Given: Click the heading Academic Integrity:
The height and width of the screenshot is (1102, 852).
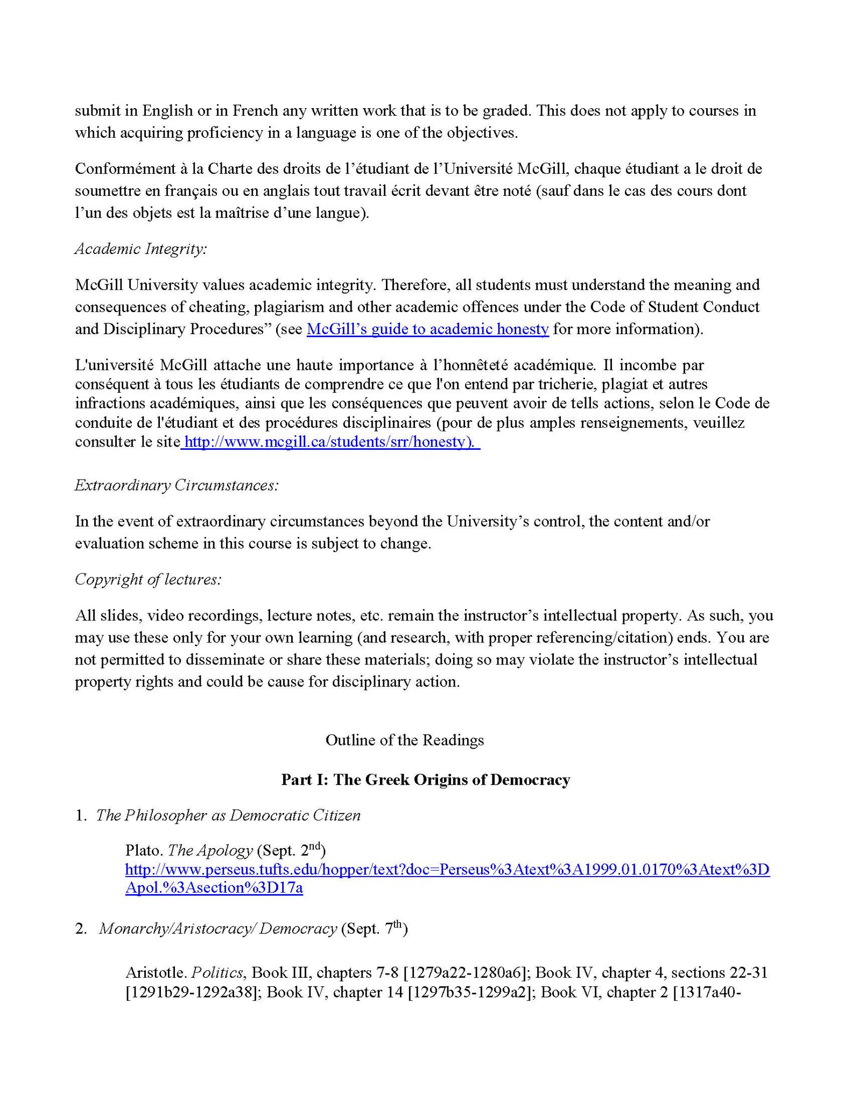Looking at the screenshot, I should tap(140, 249).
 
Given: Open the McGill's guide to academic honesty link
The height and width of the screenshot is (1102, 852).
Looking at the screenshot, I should tap(427, 329).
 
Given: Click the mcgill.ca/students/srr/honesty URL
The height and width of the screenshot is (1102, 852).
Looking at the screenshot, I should tap(329, 442).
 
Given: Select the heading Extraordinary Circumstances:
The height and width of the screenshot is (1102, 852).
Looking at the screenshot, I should tap(177, 485).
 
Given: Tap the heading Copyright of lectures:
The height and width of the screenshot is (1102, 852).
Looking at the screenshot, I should tap(148, 580).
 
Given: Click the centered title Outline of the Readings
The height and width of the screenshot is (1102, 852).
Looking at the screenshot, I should tap(405, 740).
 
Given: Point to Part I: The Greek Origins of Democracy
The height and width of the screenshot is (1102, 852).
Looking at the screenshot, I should tap(425, 780).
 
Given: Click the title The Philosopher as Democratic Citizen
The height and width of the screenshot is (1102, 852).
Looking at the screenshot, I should tap(228, 816).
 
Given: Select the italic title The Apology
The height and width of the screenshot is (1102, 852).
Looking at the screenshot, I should tap(210, 851).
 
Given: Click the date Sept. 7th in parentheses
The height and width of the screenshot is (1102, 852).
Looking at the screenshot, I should tap(374, 929).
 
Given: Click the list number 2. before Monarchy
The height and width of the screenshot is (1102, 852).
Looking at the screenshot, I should tap(81, 929).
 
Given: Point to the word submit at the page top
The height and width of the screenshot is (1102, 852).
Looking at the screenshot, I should tap(95, 111).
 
